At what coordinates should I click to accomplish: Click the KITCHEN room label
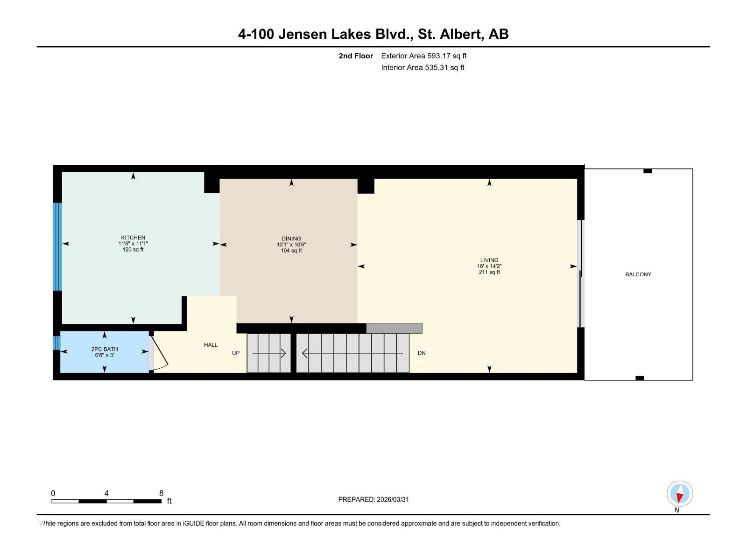click(133, 238)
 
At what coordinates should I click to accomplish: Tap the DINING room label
click(291, 238)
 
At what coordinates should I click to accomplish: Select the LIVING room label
click(489, 260)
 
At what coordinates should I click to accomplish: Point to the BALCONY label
click(638, 274)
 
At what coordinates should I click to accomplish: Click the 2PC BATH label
click(105, 349)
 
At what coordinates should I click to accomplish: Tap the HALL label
click(211, 345)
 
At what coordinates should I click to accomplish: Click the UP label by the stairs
click(236, 353)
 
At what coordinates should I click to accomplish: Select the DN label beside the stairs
click(422, 353)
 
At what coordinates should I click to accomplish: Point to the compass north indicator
click(680, 494)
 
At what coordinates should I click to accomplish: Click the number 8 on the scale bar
click(162, 493)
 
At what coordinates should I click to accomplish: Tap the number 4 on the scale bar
click(106, 493)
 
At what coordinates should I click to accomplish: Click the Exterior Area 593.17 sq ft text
click(423, 56)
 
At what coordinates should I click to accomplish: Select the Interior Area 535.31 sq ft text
click(423, 68)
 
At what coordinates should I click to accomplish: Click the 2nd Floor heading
click(356, 56)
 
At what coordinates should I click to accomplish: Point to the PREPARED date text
click(373, 499)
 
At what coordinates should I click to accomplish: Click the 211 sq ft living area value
click(489, 272)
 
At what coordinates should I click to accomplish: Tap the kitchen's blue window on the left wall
click(57, 246)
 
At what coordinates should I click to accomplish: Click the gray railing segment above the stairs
click(394, 328)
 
